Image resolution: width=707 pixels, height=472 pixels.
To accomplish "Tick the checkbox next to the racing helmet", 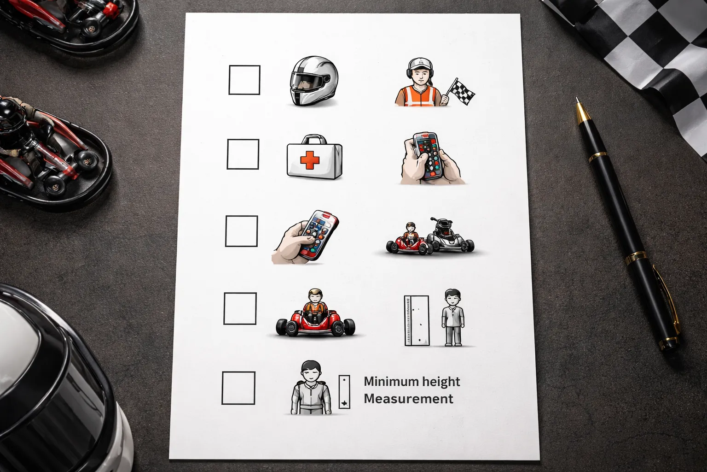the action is pyautogui.click(x=244, y=80).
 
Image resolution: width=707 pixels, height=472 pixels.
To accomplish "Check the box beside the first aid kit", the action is pyautogui.click(x=243, y=154).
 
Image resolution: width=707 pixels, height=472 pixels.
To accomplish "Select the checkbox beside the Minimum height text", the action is pyautogui.click(x=238, y=388).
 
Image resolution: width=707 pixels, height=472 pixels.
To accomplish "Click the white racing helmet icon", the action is pyautogui.click(x=314, y=81).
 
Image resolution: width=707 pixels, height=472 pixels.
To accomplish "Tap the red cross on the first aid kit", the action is pyautogui.click(x=310, y=160).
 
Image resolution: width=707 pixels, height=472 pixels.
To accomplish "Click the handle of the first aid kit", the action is pyautogui.click(x=314, y=139).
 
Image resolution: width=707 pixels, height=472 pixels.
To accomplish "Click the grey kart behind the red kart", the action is pyautogui.click(x=450, y=236).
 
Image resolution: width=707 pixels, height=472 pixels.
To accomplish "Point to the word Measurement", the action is pyautogui.click(x=409, y=399).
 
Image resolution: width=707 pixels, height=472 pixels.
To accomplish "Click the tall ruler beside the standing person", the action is pyautogui.click(x=417, y=320).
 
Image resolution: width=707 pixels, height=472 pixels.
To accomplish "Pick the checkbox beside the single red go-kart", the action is pyautogui.click(x=240, y=308).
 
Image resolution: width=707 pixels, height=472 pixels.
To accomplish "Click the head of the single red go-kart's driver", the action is pyautogui.click(x=316, y=296).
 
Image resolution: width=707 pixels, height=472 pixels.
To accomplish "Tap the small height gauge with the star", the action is pyautogui.click(x=344, y=392).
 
